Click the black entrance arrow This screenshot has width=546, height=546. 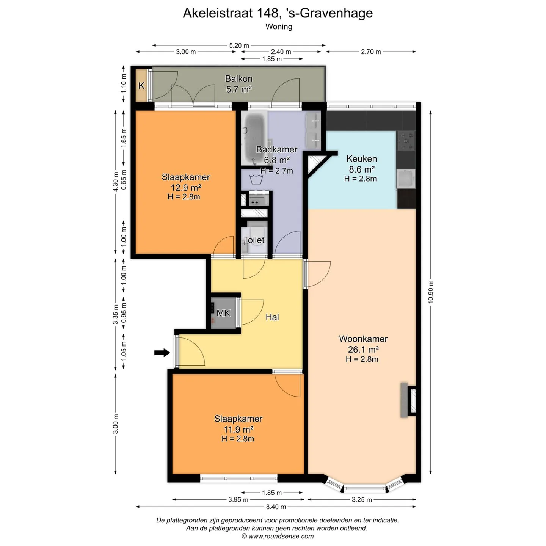[162, 353]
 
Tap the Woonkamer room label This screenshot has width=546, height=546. [363, 339]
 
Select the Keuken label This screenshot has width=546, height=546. [362, 158]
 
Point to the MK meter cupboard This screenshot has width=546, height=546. [224, 313]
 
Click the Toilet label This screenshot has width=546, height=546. [254, 240]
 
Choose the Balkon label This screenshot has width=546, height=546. [238, 78]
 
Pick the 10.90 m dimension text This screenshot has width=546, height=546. [431, 292]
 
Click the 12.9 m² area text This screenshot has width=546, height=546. [185, 188]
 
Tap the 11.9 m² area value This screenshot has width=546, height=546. [238, 429]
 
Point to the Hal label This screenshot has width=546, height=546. [272, 317]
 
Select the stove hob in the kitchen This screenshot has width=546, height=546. [405, 140]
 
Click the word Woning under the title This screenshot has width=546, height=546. [279, 27]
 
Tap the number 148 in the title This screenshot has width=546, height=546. [268, 13]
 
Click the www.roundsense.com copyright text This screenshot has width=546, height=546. [278, 536]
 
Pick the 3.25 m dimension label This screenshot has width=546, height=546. [362, 499]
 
